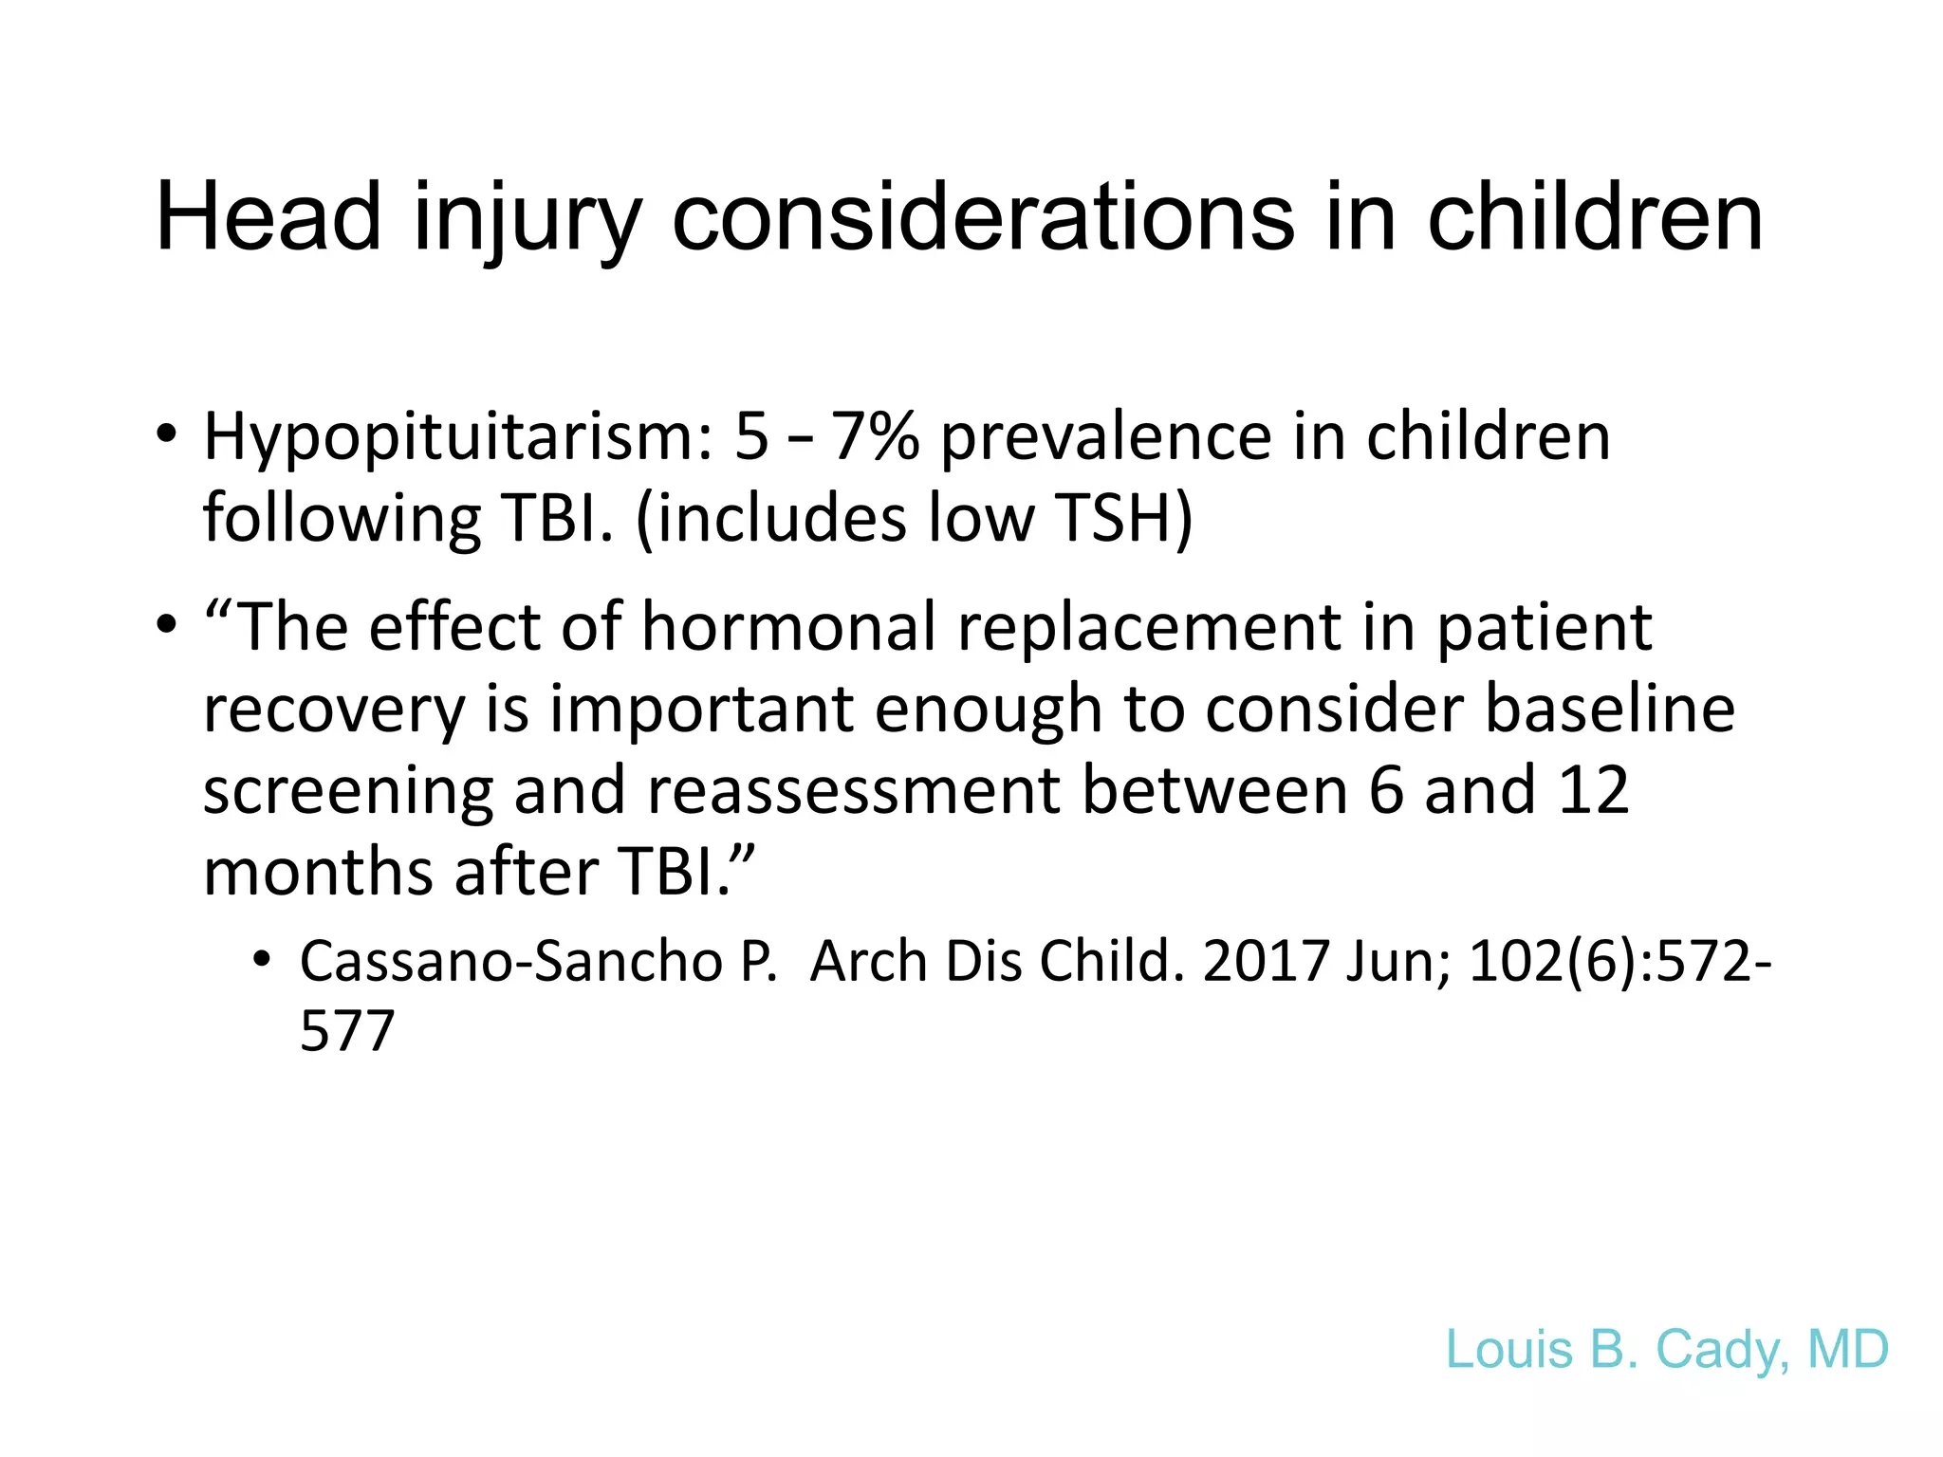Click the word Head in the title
coord(268,217)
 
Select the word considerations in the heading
coord(983,217)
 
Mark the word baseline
coord(1610,709)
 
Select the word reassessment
coord(853,790)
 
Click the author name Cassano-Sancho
coord(511,962)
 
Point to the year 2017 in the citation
coord(1265,962)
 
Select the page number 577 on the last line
coord(346,1031)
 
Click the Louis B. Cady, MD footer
coord(1667,1349)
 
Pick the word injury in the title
coord(527,217)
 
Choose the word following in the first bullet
coord(342,519)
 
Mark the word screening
coord(348,790)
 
